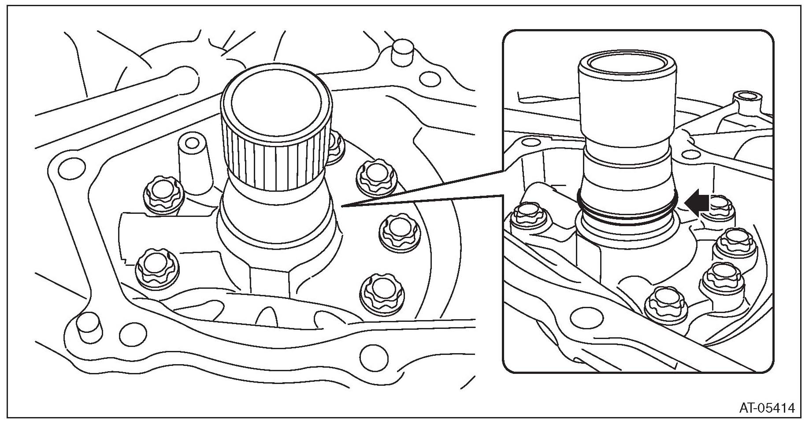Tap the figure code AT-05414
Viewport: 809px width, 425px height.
coord(767,407)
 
